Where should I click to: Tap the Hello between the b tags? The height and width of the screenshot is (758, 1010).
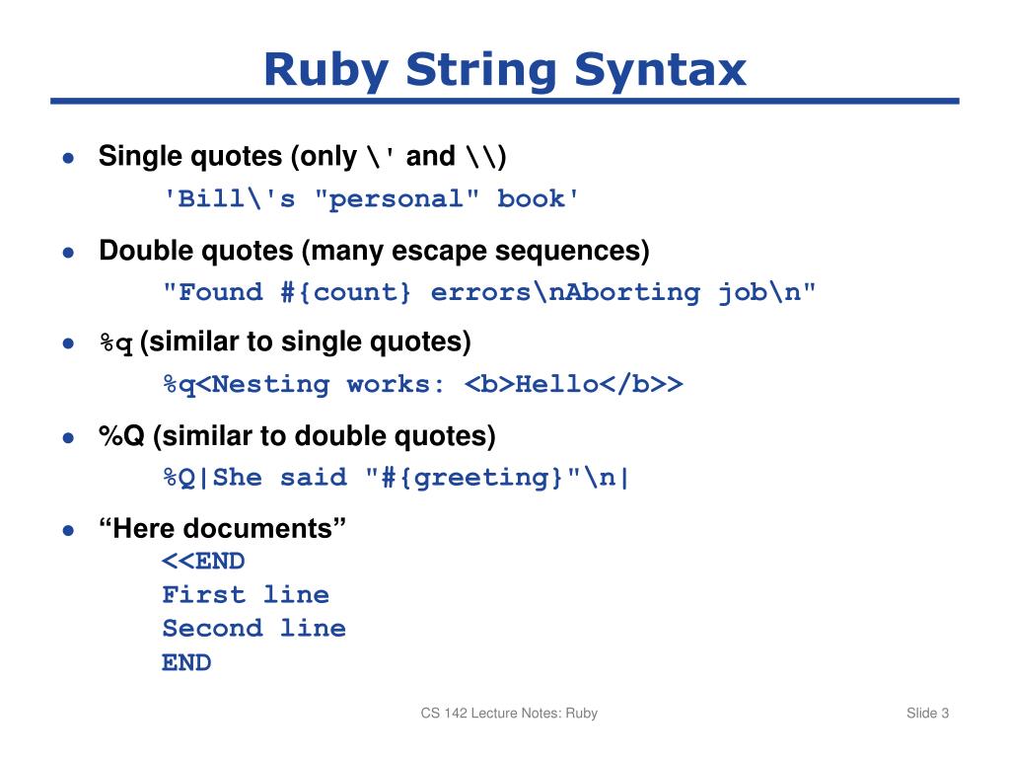557,385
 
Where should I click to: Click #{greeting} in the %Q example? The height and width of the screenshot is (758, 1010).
472,479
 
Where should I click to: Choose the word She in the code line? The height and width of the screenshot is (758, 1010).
238,479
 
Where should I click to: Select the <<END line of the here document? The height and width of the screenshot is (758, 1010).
203,562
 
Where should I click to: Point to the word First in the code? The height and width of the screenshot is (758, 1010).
204,595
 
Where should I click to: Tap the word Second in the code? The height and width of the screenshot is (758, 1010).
213,629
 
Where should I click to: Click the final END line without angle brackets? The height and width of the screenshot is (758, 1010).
186,662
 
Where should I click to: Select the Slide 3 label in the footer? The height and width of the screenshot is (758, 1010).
927,714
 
